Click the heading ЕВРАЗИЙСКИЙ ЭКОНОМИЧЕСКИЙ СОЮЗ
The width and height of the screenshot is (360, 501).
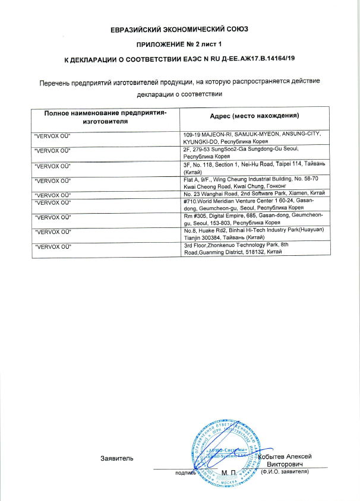[x=179, y=28]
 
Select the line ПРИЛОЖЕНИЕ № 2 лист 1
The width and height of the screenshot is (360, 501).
[x=179, y=45]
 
